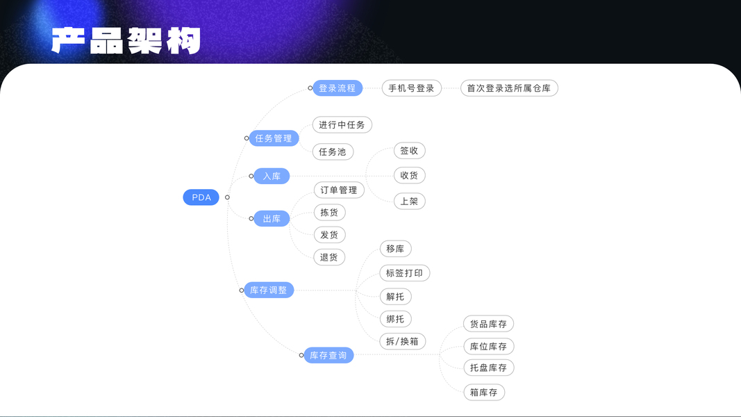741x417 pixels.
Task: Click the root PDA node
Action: click(x=201, y=197)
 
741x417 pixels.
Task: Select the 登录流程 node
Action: click(x=337, y=88)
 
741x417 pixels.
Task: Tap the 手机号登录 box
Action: click(x=411, y=88)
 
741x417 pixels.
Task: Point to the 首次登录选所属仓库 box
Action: click(x=509, y=88)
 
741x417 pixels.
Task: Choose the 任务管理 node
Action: click(x=274, y=138)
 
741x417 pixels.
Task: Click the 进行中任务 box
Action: click(x=342, y=125)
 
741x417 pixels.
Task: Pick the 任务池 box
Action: click(x=333, y=152)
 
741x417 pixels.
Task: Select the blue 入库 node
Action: click(x=272, y=177)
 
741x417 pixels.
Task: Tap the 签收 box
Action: click(x=409, y=151)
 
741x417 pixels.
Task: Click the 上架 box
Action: click(x=409, y=201)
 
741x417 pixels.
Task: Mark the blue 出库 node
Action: click(x=272, y=219)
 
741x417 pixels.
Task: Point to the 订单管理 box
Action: click(x=338, y=190)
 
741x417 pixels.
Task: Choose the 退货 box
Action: click(x=329, y=257)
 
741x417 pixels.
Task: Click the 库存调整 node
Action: click(x=268, y=290)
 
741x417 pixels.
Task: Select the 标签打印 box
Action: click(x=404, y=273)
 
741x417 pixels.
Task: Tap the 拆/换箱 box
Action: click(x=402, y=341)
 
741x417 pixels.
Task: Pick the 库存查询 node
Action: click(x=328, y=355)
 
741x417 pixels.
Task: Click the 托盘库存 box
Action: click(x=488, y=368)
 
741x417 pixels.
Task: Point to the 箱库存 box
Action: click(x=484, y=392)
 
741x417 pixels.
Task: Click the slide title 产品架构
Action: click(x=126, y=40)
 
